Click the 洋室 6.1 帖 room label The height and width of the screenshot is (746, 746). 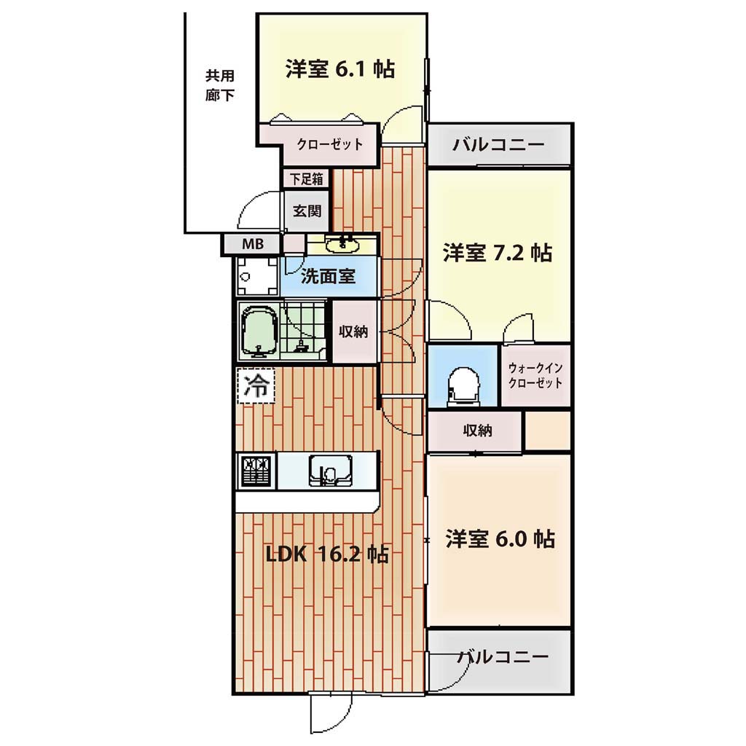tap(339, 69)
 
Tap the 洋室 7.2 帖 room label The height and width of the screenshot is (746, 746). tap(497, 253)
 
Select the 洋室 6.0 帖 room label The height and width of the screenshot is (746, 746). tap(500, 539)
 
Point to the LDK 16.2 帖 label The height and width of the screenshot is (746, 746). tap(327, 554)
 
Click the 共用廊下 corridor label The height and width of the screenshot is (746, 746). tap(220, 86)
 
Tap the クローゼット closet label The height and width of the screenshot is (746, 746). tap(330, 144)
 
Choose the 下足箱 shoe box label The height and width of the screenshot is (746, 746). tap(307, 179)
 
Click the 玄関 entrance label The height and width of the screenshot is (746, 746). tap(307, 211)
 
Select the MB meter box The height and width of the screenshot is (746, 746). tap(253, 245)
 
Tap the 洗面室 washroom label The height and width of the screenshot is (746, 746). tap(329, 276)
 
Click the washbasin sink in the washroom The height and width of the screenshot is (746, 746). tap(342, 245)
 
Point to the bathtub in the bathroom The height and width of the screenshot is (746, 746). tap(260, 331)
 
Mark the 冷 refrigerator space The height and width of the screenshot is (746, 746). tap(256, 386)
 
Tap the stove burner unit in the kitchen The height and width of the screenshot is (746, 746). tap(257, 471)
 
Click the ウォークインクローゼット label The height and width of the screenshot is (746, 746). tap(535, 375)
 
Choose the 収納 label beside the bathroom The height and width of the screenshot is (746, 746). tap(353, 331)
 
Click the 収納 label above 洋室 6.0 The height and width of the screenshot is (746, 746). tap(477, 431)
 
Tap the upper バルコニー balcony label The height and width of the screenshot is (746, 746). tap(498, 144)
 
